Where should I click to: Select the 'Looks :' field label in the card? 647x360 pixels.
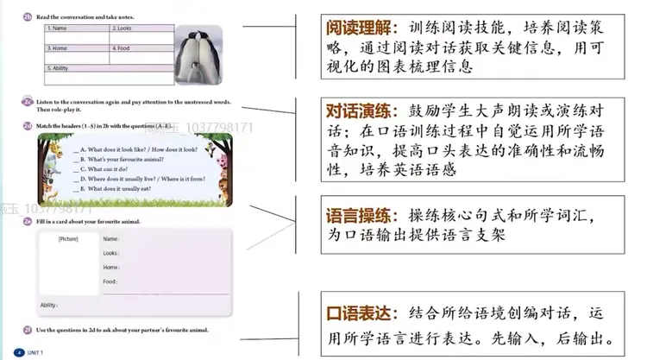[x=111, y=253]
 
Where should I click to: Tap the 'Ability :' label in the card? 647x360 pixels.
[x=51, y=305]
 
